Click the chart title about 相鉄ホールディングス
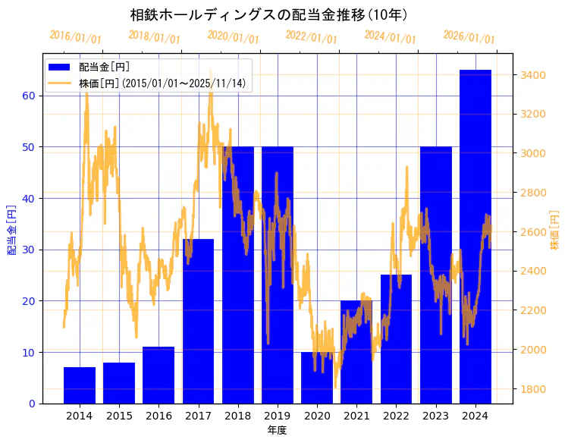(x=269, y=14)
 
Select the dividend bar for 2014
(x=80, y=385)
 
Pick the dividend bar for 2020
(x=317, y=378)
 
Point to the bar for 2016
(x=158, y=375)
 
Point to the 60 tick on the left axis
(x=29, y=96)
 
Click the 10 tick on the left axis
(x=29, y=353)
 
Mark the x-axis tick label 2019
(x=278, y=416)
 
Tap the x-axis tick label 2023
(x=435, y=416)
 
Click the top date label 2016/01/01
(x=75, y=37)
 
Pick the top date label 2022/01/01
(x=311, y=37)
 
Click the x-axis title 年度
(x=277, y=430)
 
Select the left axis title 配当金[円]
(x=12, y=229)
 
